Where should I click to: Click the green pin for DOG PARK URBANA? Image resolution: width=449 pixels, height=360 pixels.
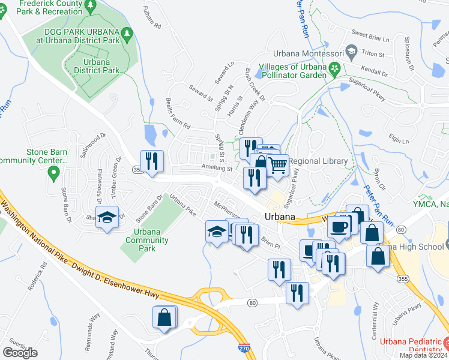127,34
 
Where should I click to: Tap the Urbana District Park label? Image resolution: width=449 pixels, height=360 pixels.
96,66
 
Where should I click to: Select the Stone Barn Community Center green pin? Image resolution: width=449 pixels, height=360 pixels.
53,174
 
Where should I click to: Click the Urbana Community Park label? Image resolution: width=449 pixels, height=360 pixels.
139,240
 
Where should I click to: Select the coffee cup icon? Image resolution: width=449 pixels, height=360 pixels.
339,227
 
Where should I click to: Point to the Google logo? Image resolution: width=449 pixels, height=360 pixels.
20,353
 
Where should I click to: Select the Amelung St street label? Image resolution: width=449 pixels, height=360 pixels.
217,169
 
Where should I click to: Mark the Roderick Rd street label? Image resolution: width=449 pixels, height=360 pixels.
37,277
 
